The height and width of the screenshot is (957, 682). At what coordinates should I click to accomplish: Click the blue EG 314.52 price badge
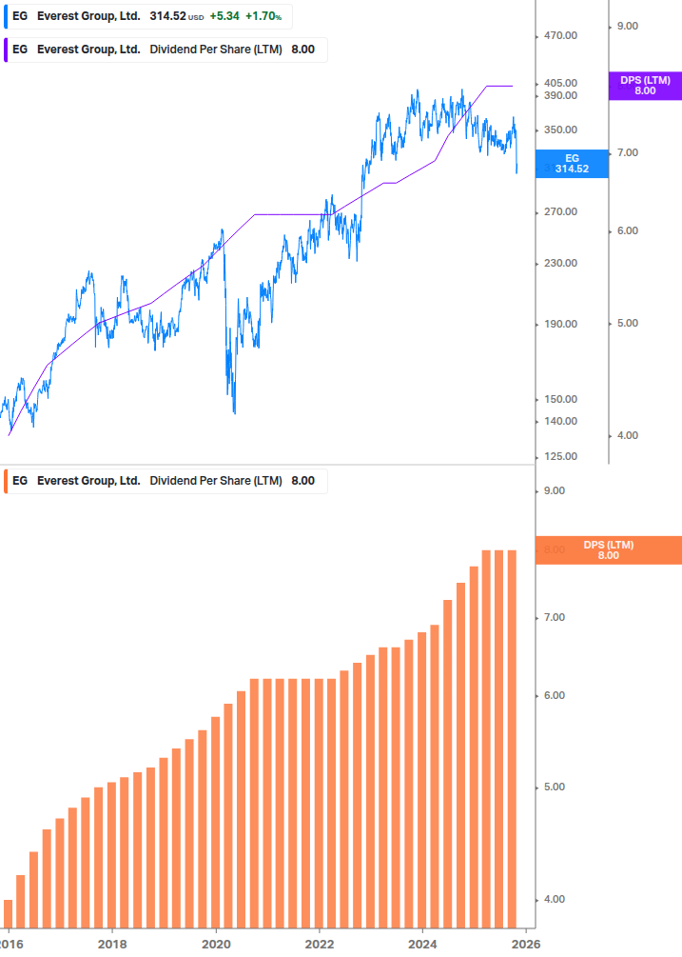pos(572,163)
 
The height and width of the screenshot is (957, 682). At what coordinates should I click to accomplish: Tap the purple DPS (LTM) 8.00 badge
pos(645,86)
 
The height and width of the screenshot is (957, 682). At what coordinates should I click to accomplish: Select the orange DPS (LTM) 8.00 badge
pos(608,550)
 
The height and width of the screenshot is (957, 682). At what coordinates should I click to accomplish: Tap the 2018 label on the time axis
pos(112,943)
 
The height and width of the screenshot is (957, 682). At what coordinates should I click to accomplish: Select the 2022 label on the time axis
pos(320,943)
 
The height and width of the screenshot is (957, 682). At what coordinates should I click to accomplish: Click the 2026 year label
pos(526,943)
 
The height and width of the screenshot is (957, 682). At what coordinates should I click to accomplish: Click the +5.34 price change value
pos(224,16)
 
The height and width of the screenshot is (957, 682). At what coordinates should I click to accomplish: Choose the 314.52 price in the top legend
pos(167,16)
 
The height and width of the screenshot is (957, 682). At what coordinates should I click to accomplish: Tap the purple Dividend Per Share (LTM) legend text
pos(216,50)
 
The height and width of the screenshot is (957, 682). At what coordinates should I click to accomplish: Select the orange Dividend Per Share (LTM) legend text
pos(216,481)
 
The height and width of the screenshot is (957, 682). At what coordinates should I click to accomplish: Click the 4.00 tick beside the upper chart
pos(628,436)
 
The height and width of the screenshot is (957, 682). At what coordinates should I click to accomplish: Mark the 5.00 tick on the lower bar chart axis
pos(553,788)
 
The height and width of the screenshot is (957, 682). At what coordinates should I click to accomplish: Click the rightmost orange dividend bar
pos(512,738)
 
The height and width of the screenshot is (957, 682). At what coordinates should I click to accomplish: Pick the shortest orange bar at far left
pos(8,913)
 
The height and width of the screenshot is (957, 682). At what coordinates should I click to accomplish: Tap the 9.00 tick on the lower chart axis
pos(553,491)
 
